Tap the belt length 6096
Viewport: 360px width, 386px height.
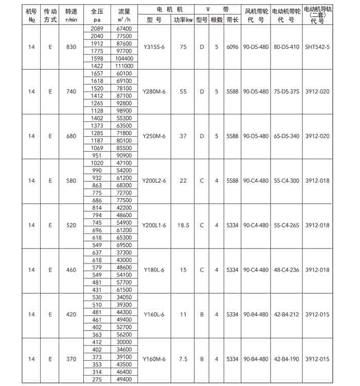click(x=232, y=47)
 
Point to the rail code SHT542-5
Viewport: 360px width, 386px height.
click(x=317, y=47)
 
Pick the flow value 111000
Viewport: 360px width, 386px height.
click(x=125, y=66)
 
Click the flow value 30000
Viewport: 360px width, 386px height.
click(x=125, y=341)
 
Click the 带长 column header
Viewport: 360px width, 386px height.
click(x=232, y=20)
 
